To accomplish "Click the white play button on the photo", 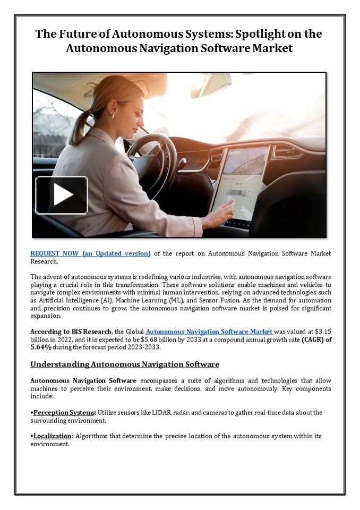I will [62, 195].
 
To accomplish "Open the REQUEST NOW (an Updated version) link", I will [90, 253].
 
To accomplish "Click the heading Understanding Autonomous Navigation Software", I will [124, 364].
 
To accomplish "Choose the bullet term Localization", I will [53, 436].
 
